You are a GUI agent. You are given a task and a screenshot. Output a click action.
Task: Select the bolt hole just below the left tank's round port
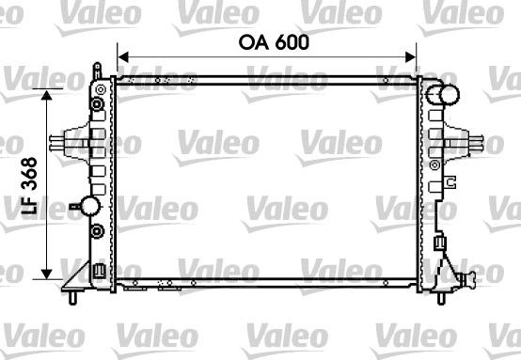point(97,229)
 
